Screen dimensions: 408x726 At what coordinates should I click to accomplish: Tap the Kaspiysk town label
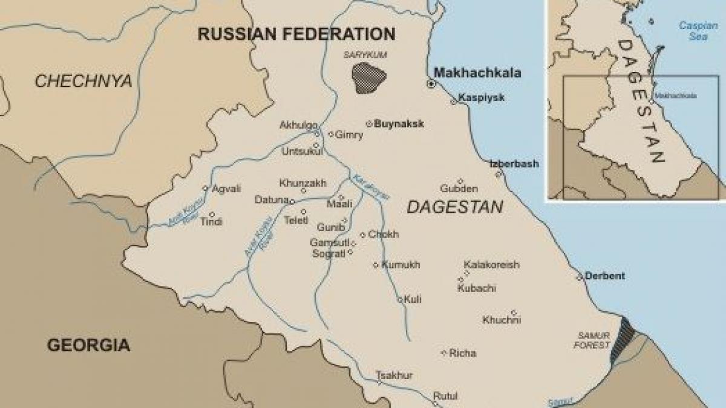pos(481,97)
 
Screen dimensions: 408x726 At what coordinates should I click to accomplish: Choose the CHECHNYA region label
pos(83,81)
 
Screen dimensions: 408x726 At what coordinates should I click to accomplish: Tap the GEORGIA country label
pos(88,345)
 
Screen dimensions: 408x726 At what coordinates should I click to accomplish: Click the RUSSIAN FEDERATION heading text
pos(296,34)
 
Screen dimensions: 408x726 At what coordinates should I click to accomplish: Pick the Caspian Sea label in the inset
pos(698,30)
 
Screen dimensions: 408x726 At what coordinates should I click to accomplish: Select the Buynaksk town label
pos(399,124)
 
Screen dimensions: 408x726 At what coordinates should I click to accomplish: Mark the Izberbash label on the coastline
pos(514,164)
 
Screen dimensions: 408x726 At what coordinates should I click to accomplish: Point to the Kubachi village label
pos(477,288)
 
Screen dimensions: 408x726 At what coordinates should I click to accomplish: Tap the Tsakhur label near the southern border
pos(394,375)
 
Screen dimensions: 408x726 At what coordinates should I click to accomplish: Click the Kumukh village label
pos(401,265)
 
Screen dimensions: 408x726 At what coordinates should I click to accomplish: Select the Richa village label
pos(463,353)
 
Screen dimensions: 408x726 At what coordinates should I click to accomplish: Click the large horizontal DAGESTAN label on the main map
pos(454,207)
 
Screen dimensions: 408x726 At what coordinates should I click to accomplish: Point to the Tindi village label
pos(211,222)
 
